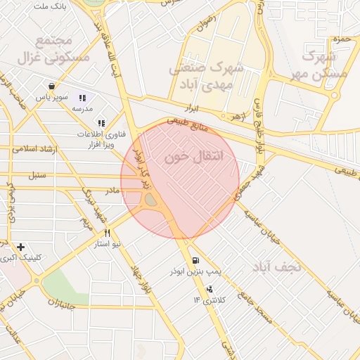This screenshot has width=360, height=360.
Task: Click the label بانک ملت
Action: point(49,6)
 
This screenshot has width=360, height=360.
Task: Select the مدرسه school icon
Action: point(82,98)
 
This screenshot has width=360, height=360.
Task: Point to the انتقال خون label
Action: point(193,157)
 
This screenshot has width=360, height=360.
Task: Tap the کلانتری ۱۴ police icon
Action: point(209,290)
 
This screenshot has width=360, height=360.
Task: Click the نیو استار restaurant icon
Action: point(107,233)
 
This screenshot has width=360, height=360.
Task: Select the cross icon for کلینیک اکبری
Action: point(20,247)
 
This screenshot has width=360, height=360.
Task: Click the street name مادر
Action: point(112,191)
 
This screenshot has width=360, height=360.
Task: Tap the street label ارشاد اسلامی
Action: point(34,149)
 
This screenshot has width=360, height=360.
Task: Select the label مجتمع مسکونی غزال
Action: point(61,50)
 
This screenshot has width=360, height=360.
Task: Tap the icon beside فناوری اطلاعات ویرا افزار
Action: point(103,123)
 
